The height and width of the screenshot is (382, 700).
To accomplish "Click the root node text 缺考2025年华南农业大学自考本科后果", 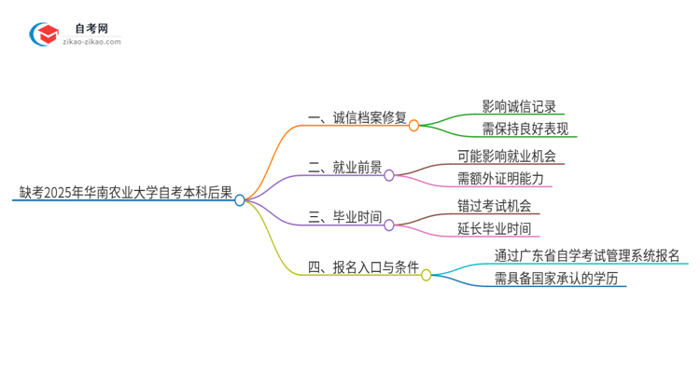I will (x=125, y=193).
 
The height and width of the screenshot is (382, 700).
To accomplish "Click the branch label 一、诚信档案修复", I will (x=357, y=118).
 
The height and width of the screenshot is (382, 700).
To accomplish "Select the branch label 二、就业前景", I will (x=344, y=169).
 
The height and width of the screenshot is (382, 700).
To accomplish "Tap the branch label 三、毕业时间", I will (x=344, y=219).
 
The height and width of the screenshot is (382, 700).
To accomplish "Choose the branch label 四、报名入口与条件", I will (x=363, y=269).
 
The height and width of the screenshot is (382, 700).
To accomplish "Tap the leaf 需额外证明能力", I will (x=512, y=179).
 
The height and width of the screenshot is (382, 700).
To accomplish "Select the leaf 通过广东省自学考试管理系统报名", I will (x=586, y=255).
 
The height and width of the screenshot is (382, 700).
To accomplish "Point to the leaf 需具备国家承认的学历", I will (x=556, y=279).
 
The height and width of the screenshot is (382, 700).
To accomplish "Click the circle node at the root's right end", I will (x=240, y=199).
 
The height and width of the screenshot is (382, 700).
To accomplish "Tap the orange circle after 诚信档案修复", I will (x=413, y=124).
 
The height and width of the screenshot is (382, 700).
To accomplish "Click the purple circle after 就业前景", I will (x=389, y=174).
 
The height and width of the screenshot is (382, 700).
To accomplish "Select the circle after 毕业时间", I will (x=389, y=225).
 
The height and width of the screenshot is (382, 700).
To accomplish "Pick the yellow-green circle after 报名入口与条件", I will (x=427, y=275).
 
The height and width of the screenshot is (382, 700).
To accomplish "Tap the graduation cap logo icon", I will (x=45, y=35).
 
